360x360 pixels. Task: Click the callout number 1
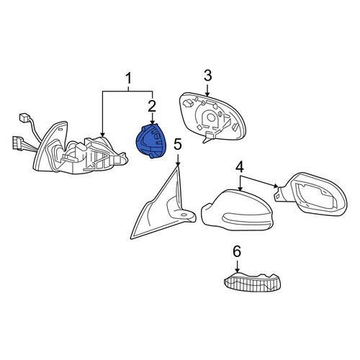tap(129, 78)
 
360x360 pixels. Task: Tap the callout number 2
tap(152, 107)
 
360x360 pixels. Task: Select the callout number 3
tap(207, 75)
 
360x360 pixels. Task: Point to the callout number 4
tap(240, 167)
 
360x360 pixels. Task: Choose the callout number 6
tap(237, 251)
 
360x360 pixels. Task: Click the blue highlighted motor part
tap(151, 141)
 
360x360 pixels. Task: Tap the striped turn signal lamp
tap(252, 282)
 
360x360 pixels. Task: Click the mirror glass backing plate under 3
tap(212, 117)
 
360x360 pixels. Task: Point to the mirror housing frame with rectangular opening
tap(312, 194)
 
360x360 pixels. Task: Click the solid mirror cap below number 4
tap(237, 210)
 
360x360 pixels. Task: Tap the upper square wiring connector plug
tap(24, 117)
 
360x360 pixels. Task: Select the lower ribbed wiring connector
tap(18, 143)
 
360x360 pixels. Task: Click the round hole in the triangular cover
tap(184, 215)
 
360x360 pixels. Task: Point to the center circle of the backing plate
tap(211, 117)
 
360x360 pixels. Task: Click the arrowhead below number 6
tap(237, 270)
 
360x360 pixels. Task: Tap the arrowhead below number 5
tap(178, 163)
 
